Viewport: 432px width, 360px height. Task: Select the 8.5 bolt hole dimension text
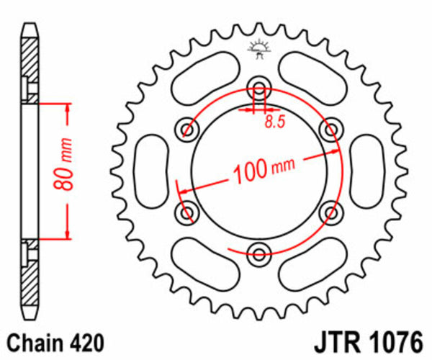click(272, 122)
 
